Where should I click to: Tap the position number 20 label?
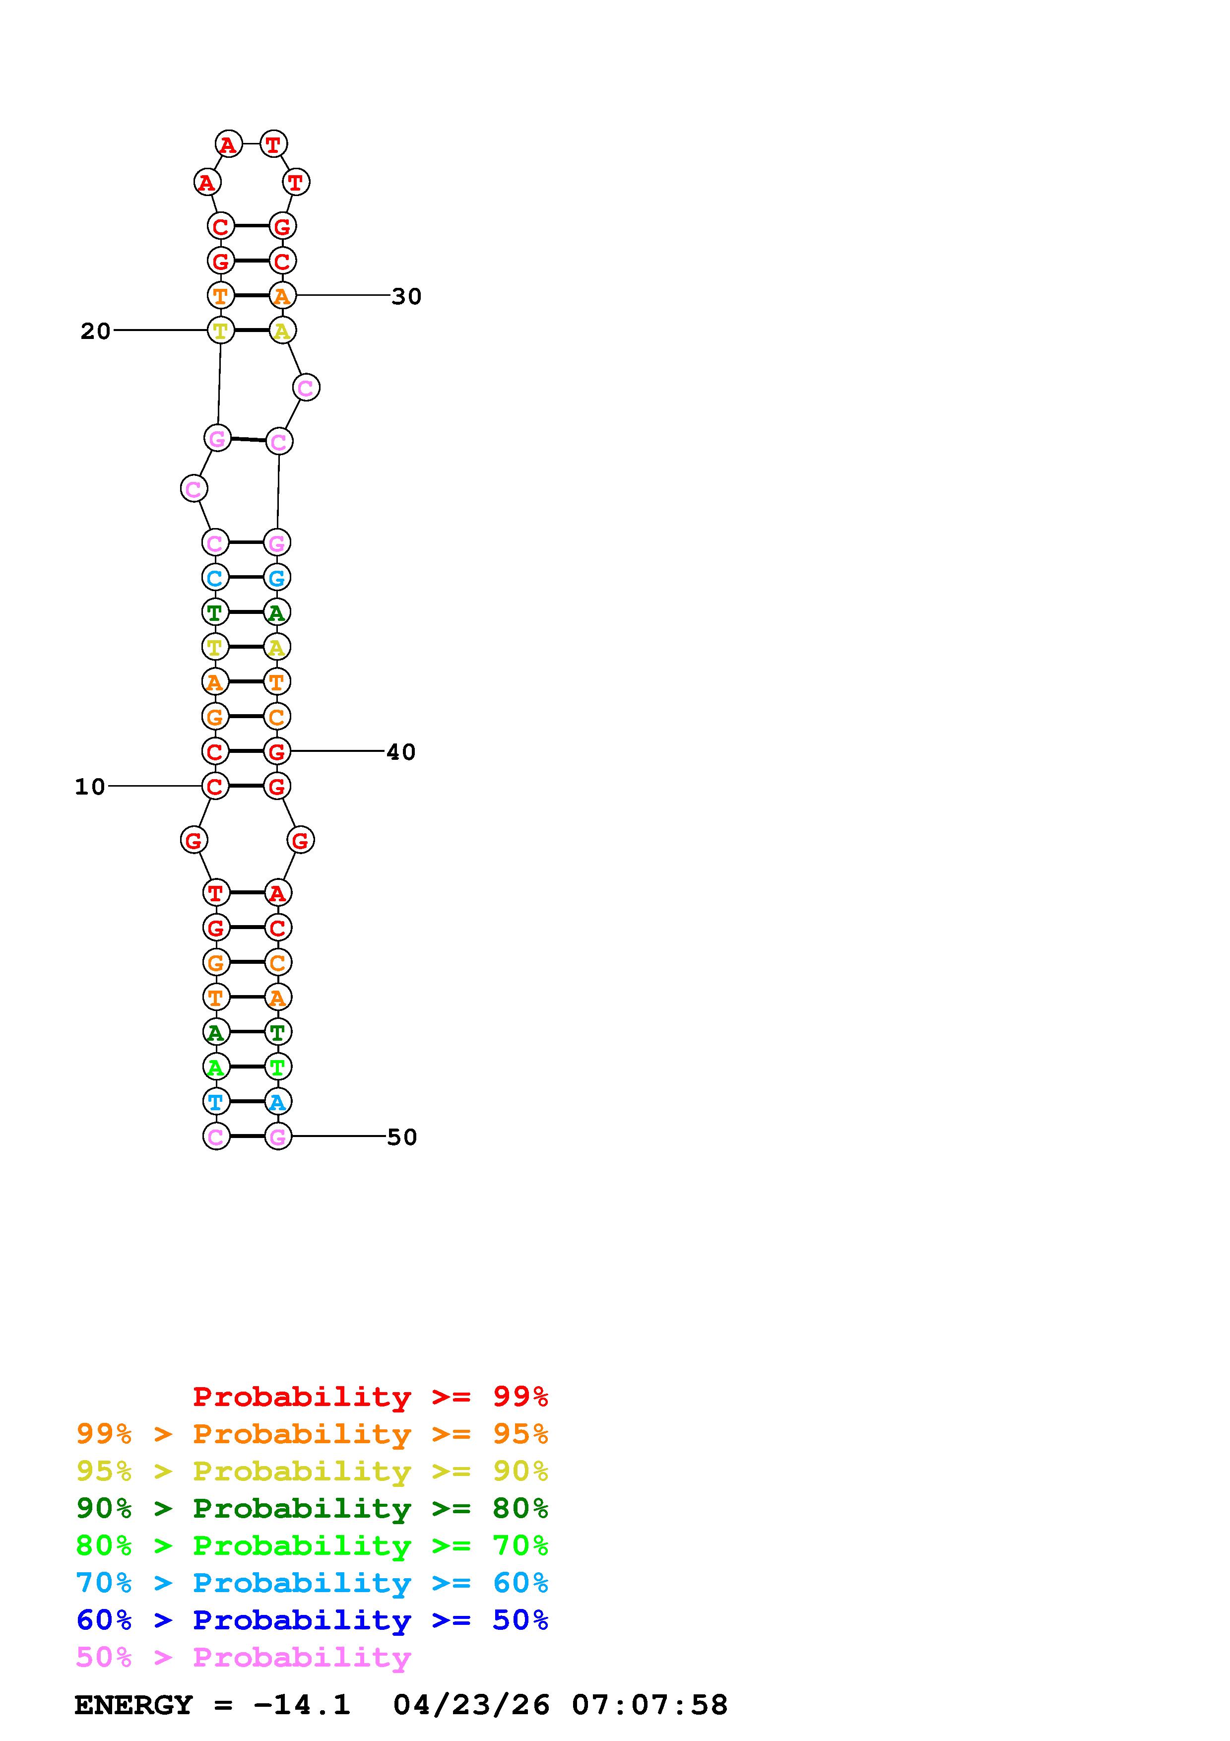95,332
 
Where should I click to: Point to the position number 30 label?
406,296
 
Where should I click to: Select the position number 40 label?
401,752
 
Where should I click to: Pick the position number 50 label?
402,1138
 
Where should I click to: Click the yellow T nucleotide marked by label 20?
220,331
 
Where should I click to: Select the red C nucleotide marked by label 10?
215,786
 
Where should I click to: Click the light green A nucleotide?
216,1067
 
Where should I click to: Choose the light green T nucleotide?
277,1067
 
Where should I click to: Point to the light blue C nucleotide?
215,578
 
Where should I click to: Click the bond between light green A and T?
246,1067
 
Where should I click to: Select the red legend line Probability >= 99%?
370,1397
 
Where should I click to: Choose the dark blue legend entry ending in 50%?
312,1620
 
